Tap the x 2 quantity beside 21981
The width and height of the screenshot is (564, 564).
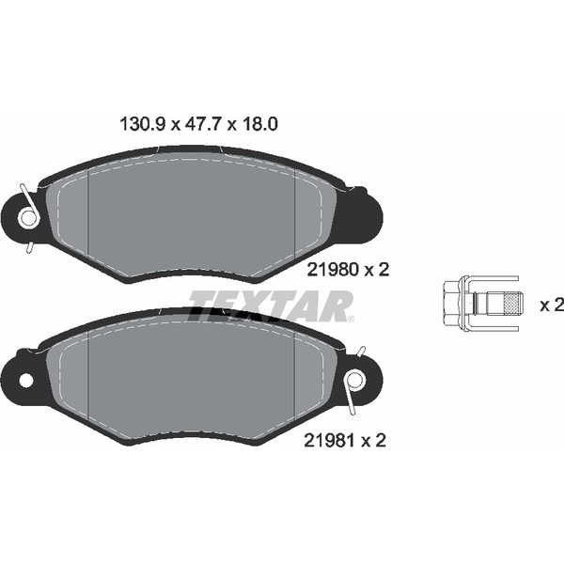click(376, 439)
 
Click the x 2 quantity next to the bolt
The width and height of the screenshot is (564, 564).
click(552, 305)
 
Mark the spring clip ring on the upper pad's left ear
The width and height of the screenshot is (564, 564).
click(27, 218)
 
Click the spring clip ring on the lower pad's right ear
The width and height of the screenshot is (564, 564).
click(355, 380)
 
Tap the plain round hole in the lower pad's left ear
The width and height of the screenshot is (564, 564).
click(26, 380)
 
